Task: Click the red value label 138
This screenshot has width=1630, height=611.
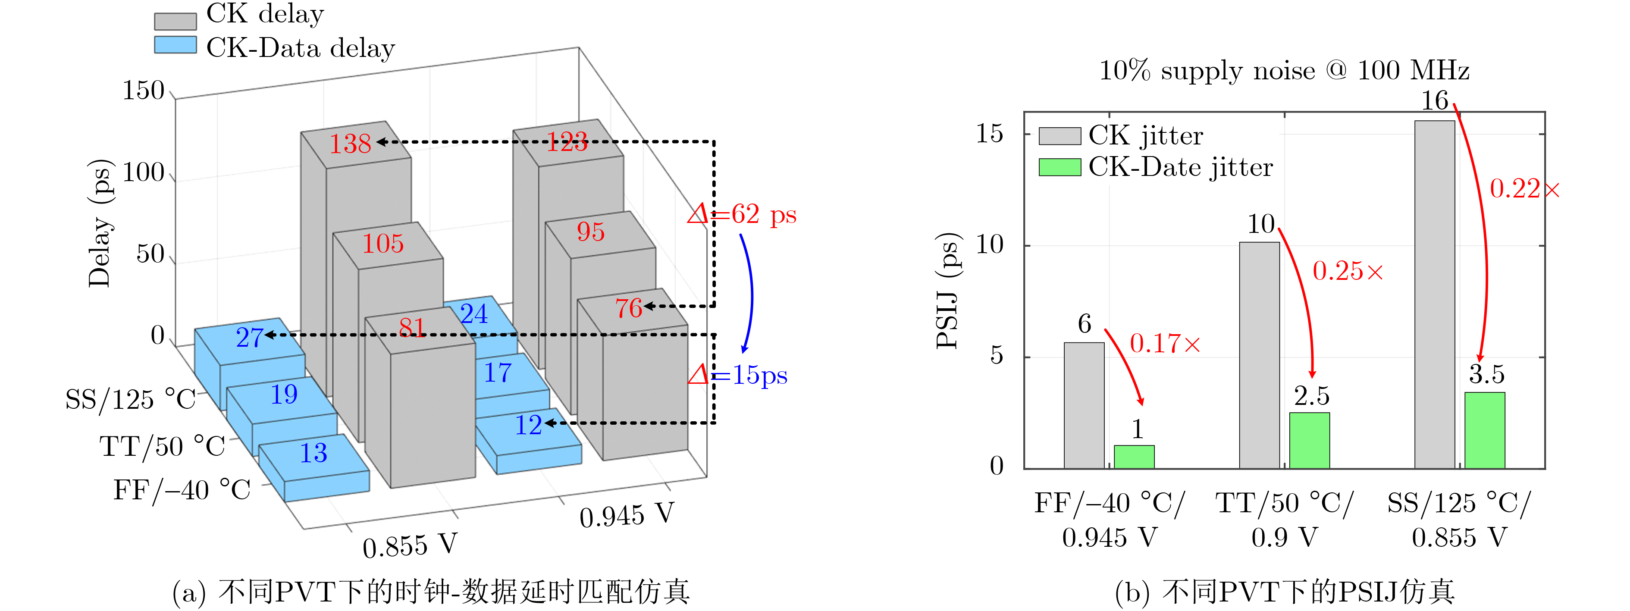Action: coord(350,144)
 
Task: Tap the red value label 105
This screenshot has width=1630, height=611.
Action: coord(383,244)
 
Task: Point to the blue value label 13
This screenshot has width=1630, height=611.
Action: coord(313,453)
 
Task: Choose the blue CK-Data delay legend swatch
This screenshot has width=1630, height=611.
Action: coord(175,45)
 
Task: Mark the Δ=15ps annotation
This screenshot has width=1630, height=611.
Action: coord(738,376)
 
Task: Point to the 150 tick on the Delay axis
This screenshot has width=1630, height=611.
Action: coord(144,91)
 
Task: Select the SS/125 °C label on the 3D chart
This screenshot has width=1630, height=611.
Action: coord(130,399)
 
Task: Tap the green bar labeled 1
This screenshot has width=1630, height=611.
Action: coord(1134,457)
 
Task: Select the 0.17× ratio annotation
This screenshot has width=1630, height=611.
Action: coord(1164,344)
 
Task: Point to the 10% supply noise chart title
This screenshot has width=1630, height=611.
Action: coord(1284,71)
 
